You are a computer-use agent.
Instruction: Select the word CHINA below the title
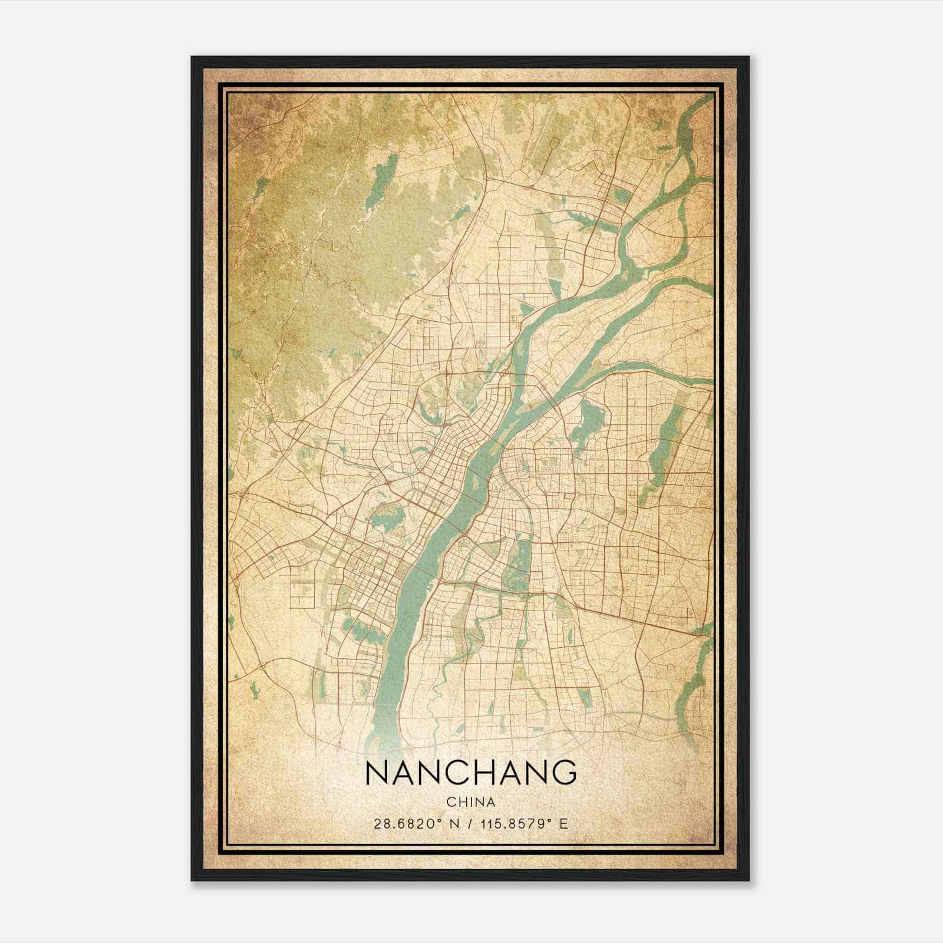470,802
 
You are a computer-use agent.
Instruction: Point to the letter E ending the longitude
564,823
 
